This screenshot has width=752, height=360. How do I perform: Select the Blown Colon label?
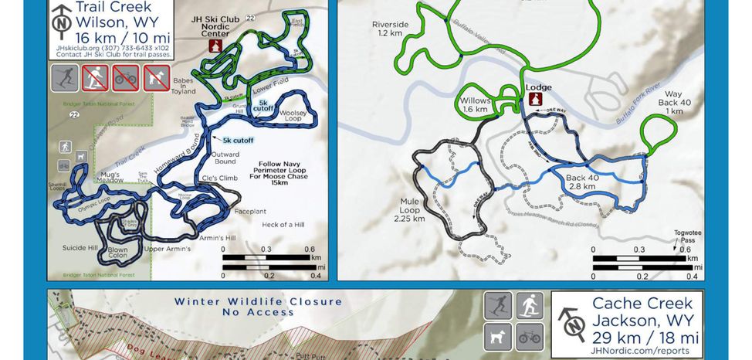[117, 253]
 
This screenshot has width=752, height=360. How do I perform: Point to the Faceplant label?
[249, 210]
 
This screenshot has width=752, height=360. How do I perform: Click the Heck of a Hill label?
[283, 224]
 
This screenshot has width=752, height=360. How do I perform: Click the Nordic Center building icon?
[217, 46]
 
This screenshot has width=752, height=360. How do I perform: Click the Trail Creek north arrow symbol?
[60, 22]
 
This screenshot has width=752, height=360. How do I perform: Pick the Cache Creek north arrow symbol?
[572, 325]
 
